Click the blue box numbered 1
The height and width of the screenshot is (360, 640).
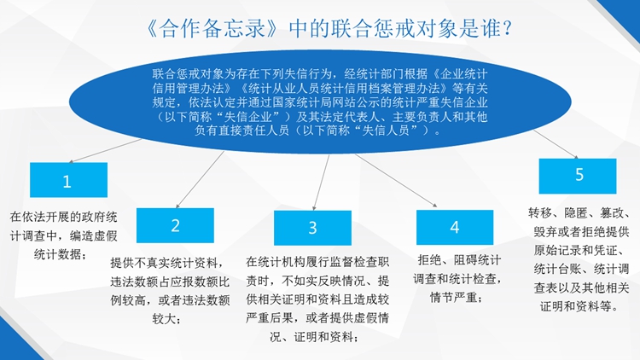click(x=68, y=180)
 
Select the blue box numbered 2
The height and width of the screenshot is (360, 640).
click(x=175, y=225)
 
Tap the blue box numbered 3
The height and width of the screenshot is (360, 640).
click(x=312, y=228)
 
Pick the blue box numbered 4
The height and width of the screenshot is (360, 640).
click(x=455, y=228)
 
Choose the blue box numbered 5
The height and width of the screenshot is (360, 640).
click(x=578, y=176)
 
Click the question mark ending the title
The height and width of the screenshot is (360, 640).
click(x=507, y=29)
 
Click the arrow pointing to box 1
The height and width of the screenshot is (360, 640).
click(x=105, y=151)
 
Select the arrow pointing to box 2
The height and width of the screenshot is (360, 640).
click(x=200, y=180)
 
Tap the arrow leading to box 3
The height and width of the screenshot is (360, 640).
click(x=321, y=183)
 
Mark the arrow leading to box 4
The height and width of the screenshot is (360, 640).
click(x=396, y=180)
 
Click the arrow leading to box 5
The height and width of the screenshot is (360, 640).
click(x=556, y=144)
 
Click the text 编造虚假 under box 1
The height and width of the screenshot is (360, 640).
click(x=94, y=236)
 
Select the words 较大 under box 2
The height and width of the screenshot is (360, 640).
click(x=164, y=318)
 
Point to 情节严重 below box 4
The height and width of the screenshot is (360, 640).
click(x=453, y=297)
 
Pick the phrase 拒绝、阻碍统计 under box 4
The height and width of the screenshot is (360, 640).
click(x=459, y=259)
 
